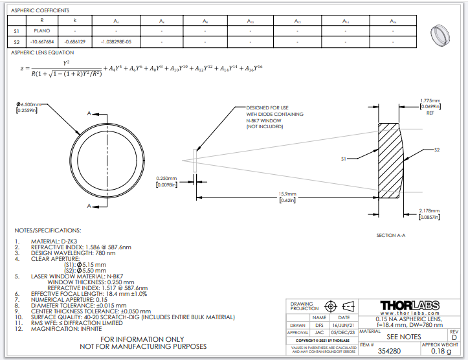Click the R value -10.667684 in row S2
click(x=42, y=42)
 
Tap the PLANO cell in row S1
click(x=42, y=30)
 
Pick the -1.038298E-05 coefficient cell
click(x=117, y=42)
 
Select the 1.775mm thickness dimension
click(x=430, y=101)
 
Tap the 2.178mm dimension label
click(x=430, y=211)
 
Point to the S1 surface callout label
click(x=344, y=159)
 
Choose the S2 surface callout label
click(x=437, y=150)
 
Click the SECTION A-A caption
click(x=390, y=235)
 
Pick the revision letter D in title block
click(x=454, y=337)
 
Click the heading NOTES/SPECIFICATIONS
click(x=48, y=230)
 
